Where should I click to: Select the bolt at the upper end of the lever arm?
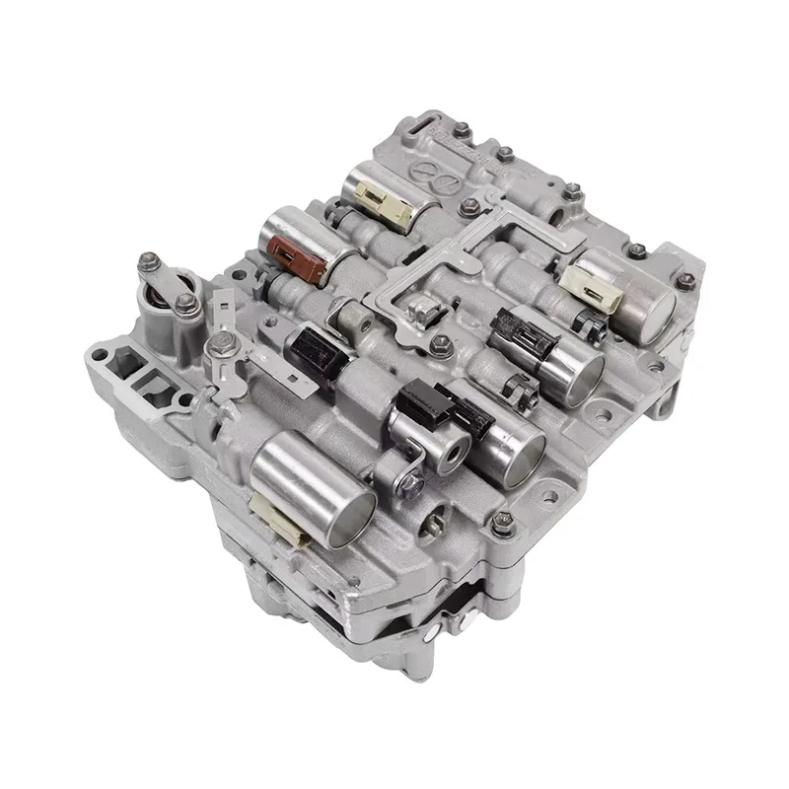pyautogui.click(x=152, y=262)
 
